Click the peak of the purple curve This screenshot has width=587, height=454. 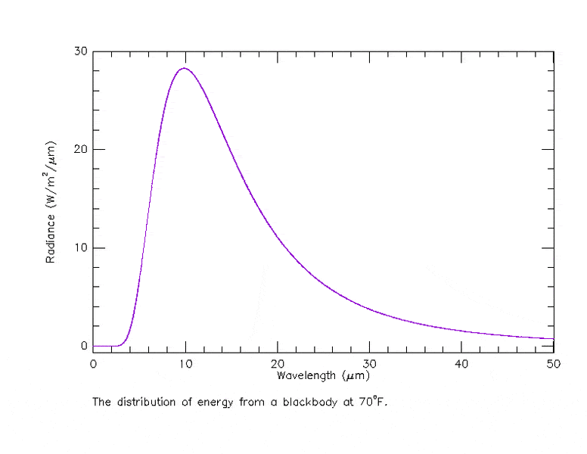click(x=184, y=69)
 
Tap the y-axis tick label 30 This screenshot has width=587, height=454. click(x=80, y=51)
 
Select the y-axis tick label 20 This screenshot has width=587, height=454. click(x=80, y=150)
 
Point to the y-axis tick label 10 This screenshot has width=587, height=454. click(x=80, y=248)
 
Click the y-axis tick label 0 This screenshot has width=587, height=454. click(x=83, y=347)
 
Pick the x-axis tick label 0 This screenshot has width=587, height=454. click(x=93, y=364)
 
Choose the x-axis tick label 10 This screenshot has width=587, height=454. click(x=185, y=364)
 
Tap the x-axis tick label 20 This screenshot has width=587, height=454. click(x=278, y=364)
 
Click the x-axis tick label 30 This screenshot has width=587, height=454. click(x=369, y=364)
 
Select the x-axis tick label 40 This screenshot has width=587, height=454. click(x=461, y=364)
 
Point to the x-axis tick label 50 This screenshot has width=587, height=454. click(x=554, y=364)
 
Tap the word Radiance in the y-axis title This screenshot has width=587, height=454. click(x=51, y=238)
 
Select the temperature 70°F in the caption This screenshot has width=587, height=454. click(x=372, y=402)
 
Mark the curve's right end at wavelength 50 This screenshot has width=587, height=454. click(x=553, y=339)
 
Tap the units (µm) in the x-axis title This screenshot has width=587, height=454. click(x=356, y=375)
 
